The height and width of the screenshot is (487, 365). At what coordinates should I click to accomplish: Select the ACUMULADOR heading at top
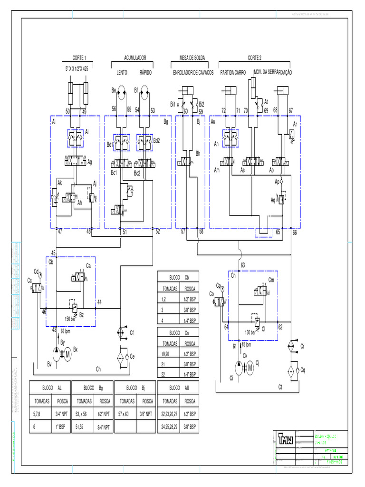pos(135,58)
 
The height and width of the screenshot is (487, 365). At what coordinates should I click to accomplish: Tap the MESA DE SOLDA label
pos(192,58)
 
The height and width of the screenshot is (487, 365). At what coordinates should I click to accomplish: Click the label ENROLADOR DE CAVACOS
pos(193,73)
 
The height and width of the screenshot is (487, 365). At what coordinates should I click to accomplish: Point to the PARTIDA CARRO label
pos(233,73)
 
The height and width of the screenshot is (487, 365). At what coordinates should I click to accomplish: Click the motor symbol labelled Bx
pos(67,353)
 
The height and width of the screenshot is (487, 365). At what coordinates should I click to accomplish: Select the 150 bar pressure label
pos(70,319)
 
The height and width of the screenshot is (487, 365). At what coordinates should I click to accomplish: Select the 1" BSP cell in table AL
pos(63,428)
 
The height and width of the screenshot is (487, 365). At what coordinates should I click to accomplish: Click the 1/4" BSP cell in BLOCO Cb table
pos(186,320)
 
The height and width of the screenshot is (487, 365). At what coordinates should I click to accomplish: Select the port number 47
pos(60,232)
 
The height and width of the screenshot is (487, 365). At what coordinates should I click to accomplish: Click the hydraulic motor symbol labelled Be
pos(121,93)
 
